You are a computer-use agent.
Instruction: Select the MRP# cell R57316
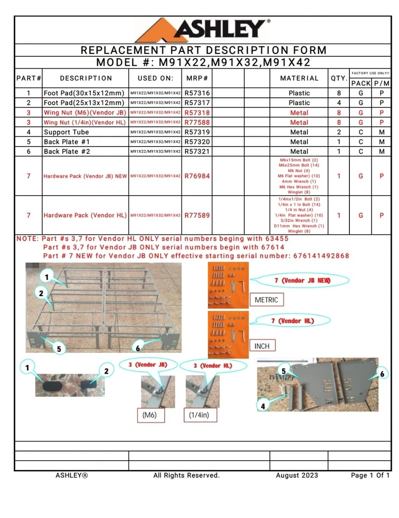tap(197, 93)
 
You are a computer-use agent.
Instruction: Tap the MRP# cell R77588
tap(197, 122)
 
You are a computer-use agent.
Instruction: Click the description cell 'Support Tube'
tap(66, 132)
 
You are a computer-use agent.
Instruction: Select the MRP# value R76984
tap(197, 176)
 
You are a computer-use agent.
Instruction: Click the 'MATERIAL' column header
tap(299, 79)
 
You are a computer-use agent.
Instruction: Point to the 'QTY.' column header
tap(339, 79)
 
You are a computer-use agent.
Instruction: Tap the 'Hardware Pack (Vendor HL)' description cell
tap(85, 215)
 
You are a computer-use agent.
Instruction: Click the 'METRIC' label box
tap(266, 299)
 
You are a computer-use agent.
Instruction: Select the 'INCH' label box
tap(261, 345)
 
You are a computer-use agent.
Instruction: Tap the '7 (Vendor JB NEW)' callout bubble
tap(302, 281)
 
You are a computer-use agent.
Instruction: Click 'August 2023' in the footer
tap(297, 475)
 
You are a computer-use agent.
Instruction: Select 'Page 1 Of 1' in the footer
tap(370, 475)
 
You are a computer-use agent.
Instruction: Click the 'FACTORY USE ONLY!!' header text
tap(370, 73)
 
